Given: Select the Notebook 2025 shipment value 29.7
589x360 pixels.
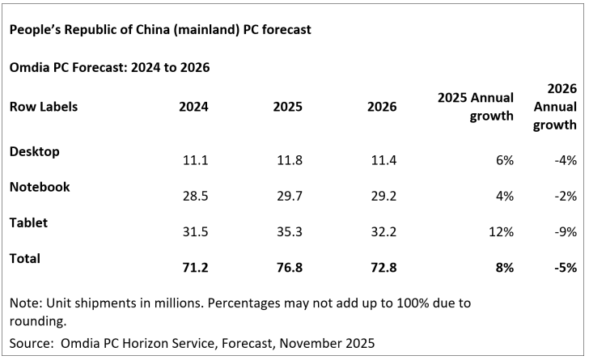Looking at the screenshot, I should (x=289, y=197).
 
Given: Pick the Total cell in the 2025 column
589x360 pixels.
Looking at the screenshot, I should (x=289, y=268).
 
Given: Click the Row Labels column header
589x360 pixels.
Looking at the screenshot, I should (x=44, y=107).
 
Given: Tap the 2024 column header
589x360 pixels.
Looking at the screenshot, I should (x=194, y=107).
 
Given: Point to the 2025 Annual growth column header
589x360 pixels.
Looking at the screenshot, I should (x=475, y=106).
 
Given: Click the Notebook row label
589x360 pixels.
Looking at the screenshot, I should (x=40, y=187).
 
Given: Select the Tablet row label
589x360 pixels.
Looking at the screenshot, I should (x=29, y=222).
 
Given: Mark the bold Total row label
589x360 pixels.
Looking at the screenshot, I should (x=26, y=259).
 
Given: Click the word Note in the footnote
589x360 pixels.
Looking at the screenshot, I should (x=24, y=303).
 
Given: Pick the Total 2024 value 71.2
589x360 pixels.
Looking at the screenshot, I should (x=197, y=268).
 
